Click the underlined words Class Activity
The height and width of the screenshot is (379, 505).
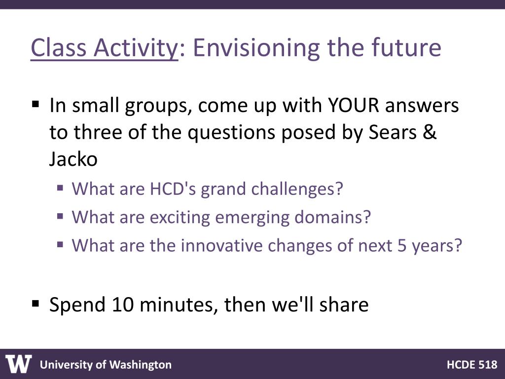[105, 48]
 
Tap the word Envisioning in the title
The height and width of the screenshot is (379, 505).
[256, 48]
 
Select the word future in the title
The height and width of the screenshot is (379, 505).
[406, 47]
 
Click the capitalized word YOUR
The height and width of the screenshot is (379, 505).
[353, 105]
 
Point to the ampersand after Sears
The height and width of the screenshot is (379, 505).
[430, 132]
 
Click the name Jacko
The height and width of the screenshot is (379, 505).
[73, 159]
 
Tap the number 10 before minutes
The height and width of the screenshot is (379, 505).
[123, 304]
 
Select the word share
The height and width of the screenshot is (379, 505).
[344, 304]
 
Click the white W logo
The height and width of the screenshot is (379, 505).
[19, 364]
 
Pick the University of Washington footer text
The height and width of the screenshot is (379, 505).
[106, 365]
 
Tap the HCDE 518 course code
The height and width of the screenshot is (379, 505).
[472, 365]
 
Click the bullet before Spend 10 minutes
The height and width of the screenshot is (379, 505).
[36, 303]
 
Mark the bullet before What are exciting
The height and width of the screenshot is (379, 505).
[60, 216]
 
